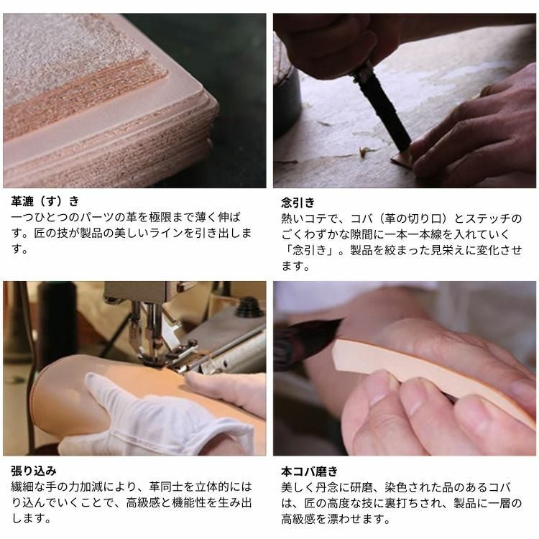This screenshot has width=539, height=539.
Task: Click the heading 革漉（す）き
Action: pyautogui.click(x=45, y=201)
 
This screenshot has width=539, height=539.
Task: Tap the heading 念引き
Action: pyautogui.click(x=298, y=202)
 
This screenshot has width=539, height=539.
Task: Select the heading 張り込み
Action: pyautogui.click(x=33, y=471)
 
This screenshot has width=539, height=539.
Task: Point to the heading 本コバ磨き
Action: pyautogui.click(x=309, y=471)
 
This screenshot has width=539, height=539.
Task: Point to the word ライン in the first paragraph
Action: pyautogui.click(x=167, y=233)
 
